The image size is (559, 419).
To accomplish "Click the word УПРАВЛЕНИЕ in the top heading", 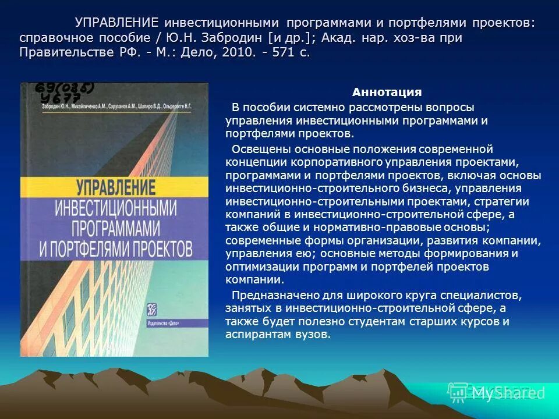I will point(116,23).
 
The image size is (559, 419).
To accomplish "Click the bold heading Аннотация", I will point(387,93).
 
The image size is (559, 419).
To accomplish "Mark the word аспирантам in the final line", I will point(253,335).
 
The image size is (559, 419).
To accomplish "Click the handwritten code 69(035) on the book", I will point(65,88).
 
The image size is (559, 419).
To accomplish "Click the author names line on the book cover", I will point(116,107).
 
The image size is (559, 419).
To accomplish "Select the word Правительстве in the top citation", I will point(61,52).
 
